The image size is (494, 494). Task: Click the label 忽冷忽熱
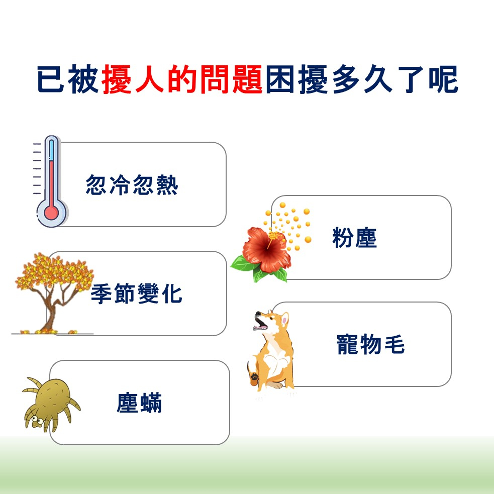coord(132,184)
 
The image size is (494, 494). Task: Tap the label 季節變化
coord(136,293)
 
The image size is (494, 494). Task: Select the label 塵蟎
coord(139,403)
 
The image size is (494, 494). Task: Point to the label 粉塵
coord(354,238)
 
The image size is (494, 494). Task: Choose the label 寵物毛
coord(370,344)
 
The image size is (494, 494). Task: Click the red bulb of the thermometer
coord(51,213)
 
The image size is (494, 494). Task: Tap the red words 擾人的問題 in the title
coord(182,79)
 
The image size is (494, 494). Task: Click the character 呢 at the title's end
coord(443,79)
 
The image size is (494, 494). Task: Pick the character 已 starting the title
coord(51,79)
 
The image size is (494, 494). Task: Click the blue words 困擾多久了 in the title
coord(345,79)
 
